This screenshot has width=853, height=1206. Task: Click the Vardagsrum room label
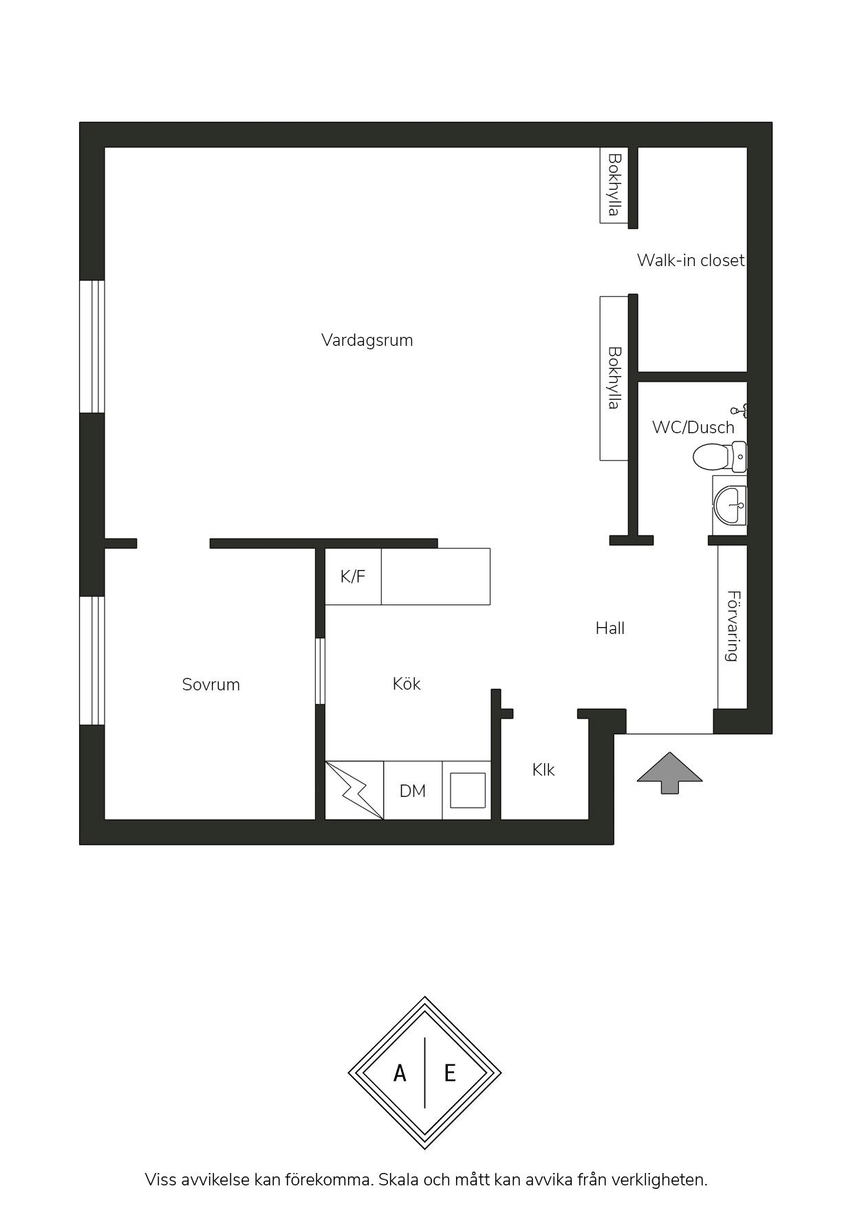coord(367,340)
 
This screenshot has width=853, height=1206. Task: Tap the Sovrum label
coord(210,685)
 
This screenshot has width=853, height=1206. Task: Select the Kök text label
coord(406,684)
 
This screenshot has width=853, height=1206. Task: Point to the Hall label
coord(609,628)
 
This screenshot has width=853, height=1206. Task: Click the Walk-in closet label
coord(690,261)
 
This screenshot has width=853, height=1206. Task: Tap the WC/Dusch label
coord(693,427)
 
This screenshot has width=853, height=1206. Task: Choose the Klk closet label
coord(543,770)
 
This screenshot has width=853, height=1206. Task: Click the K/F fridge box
coord(353,576)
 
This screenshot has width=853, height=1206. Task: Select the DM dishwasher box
coord(413,791)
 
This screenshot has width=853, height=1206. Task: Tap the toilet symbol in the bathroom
coord(719,457)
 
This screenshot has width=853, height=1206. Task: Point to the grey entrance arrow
coord(669,773)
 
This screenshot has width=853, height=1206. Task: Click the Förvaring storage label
coord(733,626)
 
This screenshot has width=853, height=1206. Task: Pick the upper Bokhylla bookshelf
coord(614,184)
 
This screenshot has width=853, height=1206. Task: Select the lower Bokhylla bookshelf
coord(614,378)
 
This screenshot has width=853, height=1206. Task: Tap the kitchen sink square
coord(468,791)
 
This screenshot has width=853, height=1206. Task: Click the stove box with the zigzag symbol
coord(354,791)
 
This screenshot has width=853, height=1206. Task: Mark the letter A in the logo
coord(400,1073)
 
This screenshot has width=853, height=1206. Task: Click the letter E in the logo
coord(450,1073)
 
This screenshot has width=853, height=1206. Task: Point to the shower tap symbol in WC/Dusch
coord(740,411)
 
